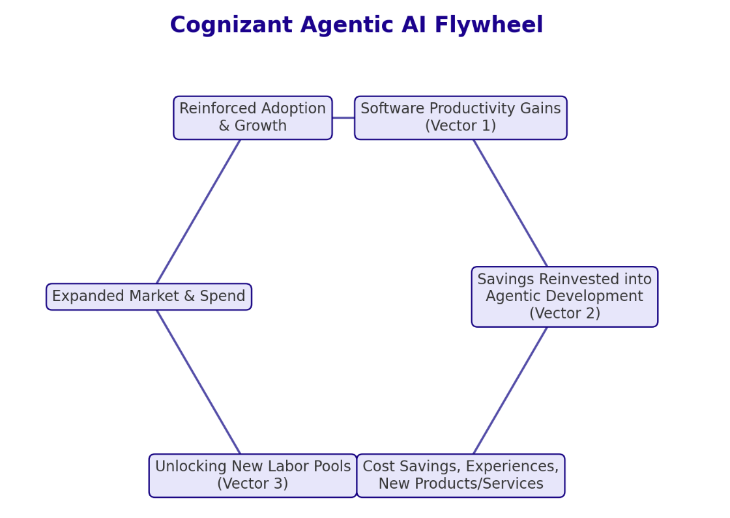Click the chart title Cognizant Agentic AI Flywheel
tap(356, 25)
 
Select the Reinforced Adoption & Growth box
tap(252, 118)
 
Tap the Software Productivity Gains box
tap(460, 118)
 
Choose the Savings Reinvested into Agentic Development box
tap(564, 296)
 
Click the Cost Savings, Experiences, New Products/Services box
tap(460, 476)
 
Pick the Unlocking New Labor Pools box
tap(252, 476)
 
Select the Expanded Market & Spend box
tap(149, 296)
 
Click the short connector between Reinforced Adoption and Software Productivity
tap(343, 118)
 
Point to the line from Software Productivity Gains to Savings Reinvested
tap(510, 203)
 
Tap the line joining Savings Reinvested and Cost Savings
tap(510, 390)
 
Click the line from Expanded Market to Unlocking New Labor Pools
tap(198, 382)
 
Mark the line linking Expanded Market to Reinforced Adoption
tap(198, 212)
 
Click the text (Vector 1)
tap(460, 126)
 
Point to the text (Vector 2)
tap(564, 313)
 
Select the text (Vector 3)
tap(252, 484)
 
